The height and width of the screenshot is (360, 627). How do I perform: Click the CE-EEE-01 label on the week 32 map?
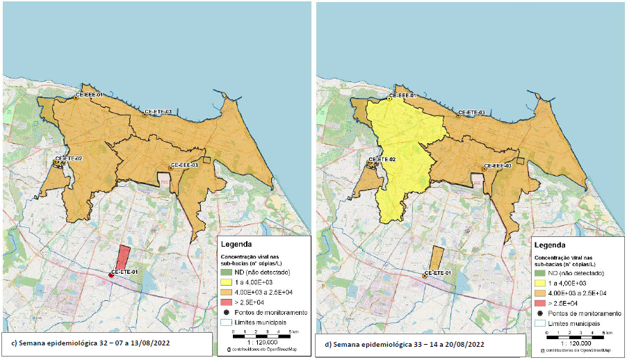pyautogui.click(x=90, y=94)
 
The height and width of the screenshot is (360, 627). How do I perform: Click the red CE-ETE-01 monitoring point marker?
pyautogui.click(x=111, y=276)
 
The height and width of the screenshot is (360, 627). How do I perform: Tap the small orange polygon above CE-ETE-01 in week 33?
pyautogui.click(x=437, y=257)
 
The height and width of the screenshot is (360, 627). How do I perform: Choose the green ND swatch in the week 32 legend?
pyautogui.click(x=226, y=273)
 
